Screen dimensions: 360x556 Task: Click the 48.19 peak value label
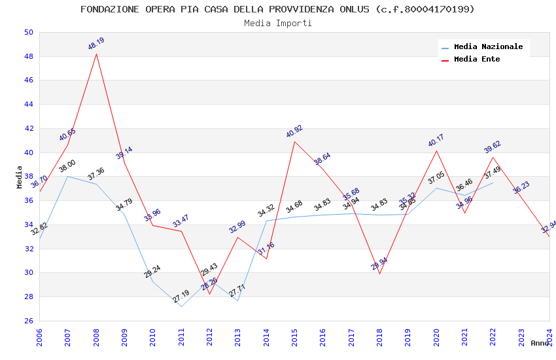pos(96,44)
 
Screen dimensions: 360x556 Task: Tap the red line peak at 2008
pos(97,54)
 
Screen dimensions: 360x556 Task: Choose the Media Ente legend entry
pos(477,60)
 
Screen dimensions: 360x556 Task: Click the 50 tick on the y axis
pos(28,32)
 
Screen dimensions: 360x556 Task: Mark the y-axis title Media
pos(20,177)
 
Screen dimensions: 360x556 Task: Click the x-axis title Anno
pos(540,343)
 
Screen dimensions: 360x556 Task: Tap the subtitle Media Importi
pos(278,23)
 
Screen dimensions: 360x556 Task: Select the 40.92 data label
pos(294,132)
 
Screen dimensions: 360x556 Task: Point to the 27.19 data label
pos(181,297)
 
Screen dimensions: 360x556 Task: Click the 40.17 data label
pos(436,141)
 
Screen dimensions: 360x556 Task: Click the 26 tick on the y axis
pos(28,321)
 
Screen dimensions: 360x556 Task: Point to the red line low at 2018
pos(379,273)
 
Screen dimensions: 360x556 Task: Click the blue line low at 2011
pos(181,306)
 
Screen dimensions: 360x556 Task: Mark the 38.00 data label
pos(67,166)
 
